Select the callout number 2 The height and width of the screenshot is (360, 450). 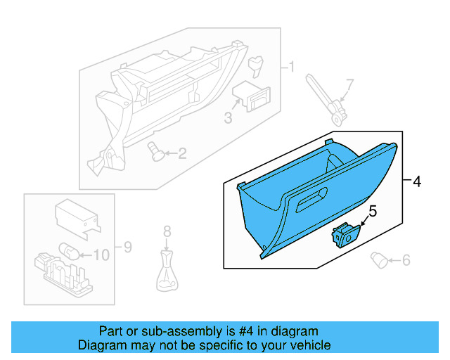182,153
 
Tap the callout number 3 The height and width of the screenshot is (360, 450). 228,118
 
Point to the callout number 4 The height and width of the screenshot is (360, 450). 416,181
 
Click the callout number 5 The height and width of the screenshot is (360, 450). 373,210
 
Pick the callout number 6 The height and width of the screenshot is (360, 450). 406,261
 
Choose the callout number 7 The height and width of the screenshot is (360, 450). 350,84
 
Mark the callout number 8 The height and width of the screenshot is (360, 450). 167,231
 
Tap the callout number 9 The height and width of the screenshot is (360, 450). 127,247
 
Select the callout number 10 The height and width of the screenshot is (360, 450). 101,255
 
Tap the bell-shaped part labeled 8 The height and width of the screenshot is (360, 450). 167,274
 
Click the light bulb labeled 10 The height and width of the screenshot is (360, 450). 70,252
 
